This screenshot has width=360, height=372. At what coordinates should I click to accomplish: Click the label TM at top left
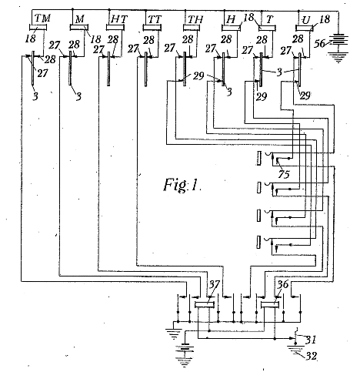pyautogui.click(x=42, y=18)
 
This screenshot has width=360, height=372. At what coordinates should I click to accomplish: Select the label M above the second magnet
pyautogui.click(x=80, y=19)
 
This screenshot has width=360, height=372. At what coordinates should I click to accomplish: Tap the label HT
pyautogui.click(x=118, y=19)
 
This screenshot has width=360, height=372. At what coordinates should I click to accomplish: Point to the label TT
pyautogui.click(x=155, y=19)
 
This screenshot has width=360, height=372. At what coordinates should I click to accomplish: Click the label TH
pyautogui.click(x=195, y=19)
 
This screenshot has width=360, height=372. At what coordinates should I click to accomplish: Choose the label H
pyautogui.click(x=232, y=20)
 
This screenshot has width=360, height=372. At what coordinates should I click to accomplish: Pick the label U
pyautogui.click(x=305, y=20)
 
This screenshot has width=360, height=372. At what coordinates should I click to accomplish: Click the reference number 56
pyautogui.click(x=319, y=43)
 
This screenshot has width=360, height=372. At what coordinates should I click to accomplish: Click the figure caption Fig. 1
pyautogui.click(x=182, y=185)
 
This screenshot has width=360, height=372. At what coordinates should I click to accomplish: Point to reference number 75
pyautogui.click(x=284, y=175)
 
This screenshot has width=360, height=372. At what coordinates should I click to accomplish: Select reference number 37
pyautogui.click(x=215, y=284)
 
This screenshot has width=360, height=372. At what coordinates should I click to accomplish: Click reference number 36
pyautogui.click(x=283, y=284)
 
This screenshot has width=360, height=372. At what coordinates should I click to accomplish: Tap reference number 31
pyautogui.click(x=311, y=340)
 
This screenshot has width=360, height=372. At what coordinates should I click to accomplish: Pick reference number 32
pyautogui.click(x=312, y=356)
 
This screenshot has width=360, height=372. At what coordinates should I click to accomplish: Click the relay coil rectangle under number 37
pyautogui.click(x=205, y=305)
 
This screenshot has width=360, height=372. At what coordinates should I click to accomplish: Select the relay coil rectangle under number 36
pyautogui.click(x=270, y=305)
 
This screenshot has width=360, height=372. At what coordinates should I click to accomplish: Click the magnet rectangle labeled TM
pyautogui.click(x=38, y=27)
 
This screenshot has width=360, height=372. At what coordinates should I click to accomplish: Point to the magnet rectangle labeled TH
pyautogui.click(x=192, y=28)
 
